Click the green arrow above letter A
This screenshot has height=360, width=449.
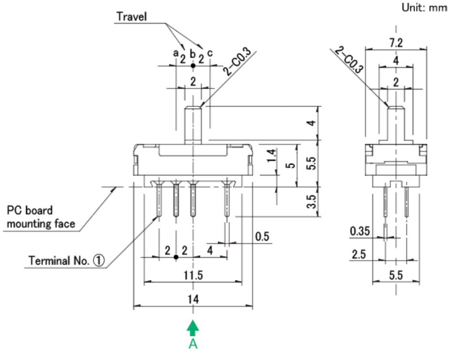(x=193, y=329)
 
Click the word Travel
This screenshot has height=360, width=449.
(x=132, y=16)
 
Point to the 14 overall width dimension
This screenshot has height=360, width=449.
(x=193, y=300)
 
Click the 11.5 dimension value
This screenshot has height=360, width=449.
(x=193, y=275)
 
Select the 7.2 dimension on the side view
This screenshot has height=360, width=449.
(x=396, y=43)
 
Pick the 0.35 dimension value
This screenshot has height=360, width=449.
(x=360, y=232)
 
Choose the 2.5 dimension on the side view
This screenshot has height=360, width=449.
(x=359, y=255)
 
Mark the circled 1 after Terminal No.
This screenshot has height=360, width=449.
(x=98, y=261)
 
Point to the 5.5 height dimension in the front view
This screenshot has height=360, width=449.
(x=312, y=163)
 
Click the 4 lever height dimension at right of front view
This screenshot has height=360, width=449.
(x=312, y=123)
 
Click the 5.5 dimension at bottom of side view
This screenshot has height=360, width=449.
(x=396, y=275)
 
